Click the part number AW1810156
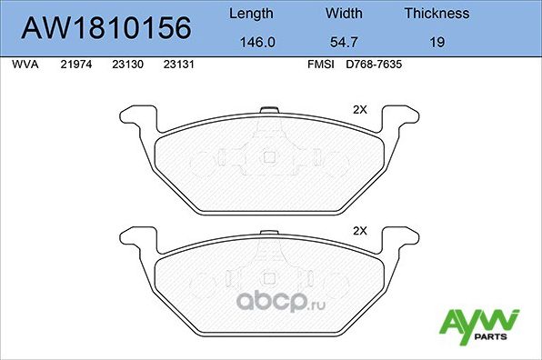point(105,28)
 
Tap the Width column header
point(345,14)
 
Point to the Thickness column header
point(437,14)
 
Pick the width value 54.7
point(345,41)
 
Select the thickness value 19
point(437,41)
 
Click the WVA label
point(25,65)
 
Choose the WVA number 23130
point(126,65)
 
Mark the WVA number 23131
point(177,65)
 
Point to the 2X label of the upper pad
point(358,109)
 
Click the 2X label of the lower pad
point(358,230)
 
